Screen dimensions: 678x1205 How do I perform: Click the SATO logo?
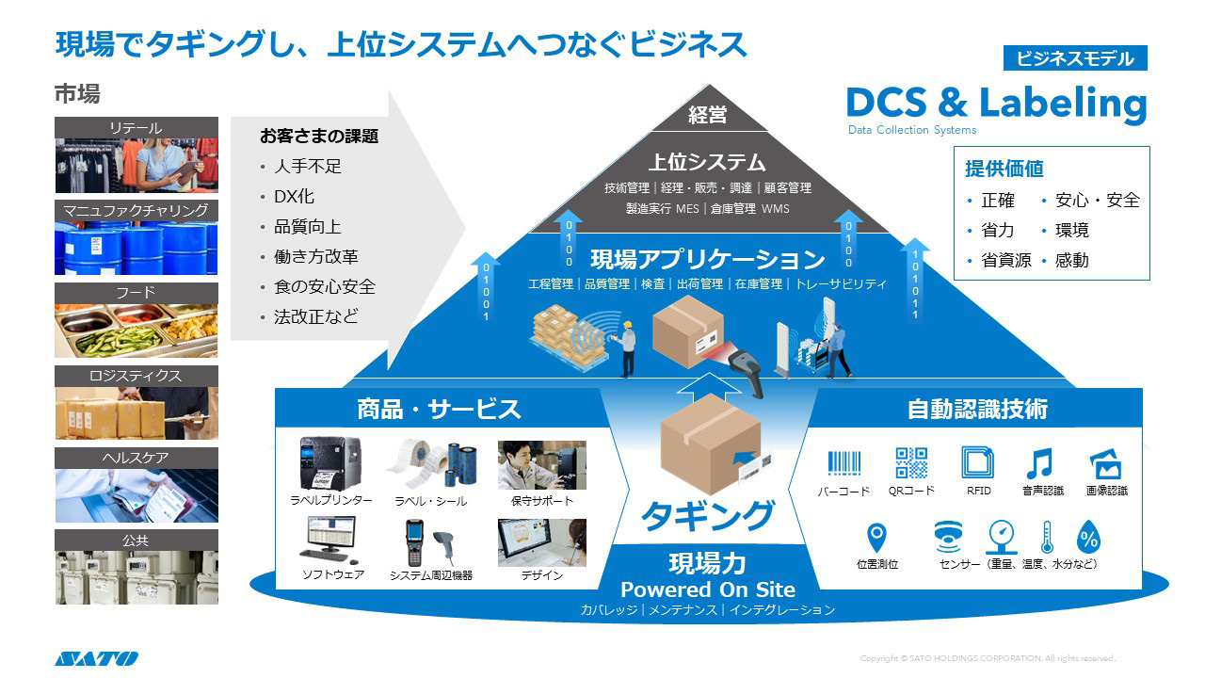tap(96, 658)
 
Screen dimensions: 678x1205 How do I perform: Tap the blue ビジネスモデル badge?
tap(1075, 58)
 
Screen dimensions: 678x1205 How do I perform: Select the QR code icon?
tap(911, 463)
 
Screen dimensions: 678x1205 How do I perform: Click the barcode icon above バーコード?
tap(843, 463)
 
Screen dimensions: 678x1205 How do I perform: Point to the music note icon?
tap(1038, 463)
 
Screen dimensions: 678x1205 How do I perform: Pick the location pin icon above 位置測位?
tap(876, 538)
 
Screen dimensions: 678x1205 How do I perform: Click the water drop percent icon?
tap(1089, 538)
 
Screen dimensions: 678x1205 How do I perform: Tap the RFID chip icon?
tap(978, 463)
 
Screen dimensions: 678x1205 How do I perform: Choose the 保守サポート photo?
tap(541, 465)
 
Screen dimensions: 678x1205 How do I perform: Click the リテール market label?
tap(137, 128)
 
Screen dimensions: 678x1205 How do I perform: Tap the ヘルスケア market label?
tap(137, 459)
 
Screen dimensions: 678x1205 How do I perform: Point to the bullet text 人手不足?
tap(307, 167)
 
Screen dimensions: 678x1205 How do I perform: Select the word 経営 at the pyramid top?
tap(708, 115)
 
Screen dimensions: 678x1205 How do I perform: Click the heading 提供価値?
tap(1004, 169)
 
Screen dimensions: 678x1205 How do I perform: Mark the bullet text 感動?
tap(1071, 260)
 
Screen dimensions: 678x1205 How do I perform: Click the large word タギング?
tap(708, 514)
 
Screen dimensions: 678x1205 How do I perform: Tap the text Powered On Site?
tap(708, 589)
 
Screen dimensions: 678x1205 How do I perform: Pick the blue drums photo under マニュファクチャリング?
tap(137, 249)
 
